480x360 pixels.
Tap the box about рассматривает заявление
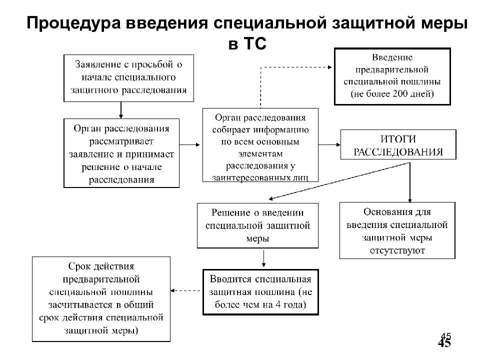(121, 153)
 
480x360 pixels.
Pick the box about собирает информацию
(260, 144)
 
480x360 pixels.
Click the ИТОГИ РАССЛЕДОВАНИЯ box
(398, 144)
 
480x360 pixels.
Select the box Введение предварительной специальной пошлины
(392, 75)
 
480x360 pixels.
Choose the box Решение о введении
(257, 225)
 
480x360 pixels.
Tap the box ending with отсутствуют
(397, 230)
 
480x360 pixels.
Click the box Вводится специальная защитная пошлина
(260, 292)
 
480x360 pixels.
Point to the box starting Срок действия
(101, 298)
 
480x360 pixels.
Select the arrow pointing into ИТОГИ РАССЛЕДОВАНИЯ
(329, 145)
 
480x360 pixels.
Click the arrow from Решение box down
(263, 259)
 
